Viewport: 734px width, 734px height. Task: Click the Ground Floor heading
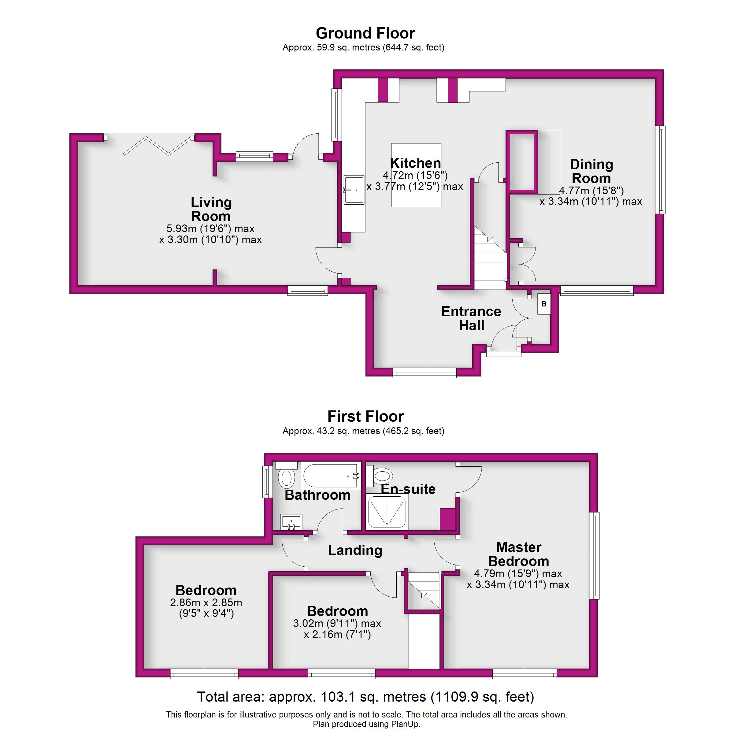[x=365, y=33]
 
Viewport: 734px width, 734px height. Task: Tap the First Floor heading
[x=365, y=416]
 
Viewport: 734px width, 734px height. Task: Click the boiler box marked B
[x=544, y=304]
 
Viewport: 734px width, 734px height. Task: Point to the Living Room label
[x=211, y=209]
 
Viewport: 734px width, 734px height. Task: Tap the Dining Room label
[x=591, y=171]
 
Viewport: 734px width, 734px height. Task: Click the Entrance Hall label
[x=471, y=318]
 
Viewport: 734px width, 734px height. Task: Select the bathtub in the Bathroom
[x=331, y=475]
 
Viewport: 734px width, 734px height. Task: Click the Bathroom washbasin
[x=291, y=522]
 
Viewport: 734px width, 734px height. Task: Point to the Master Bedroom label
[x=519, y=554]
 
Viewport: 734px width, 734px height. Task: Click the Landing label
[x=355, y=550]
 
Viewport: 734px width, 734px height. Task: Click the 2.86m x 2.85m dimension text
[x=206, y=602]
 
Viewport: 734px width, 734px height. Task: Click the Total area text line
[x=365, y=697]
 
